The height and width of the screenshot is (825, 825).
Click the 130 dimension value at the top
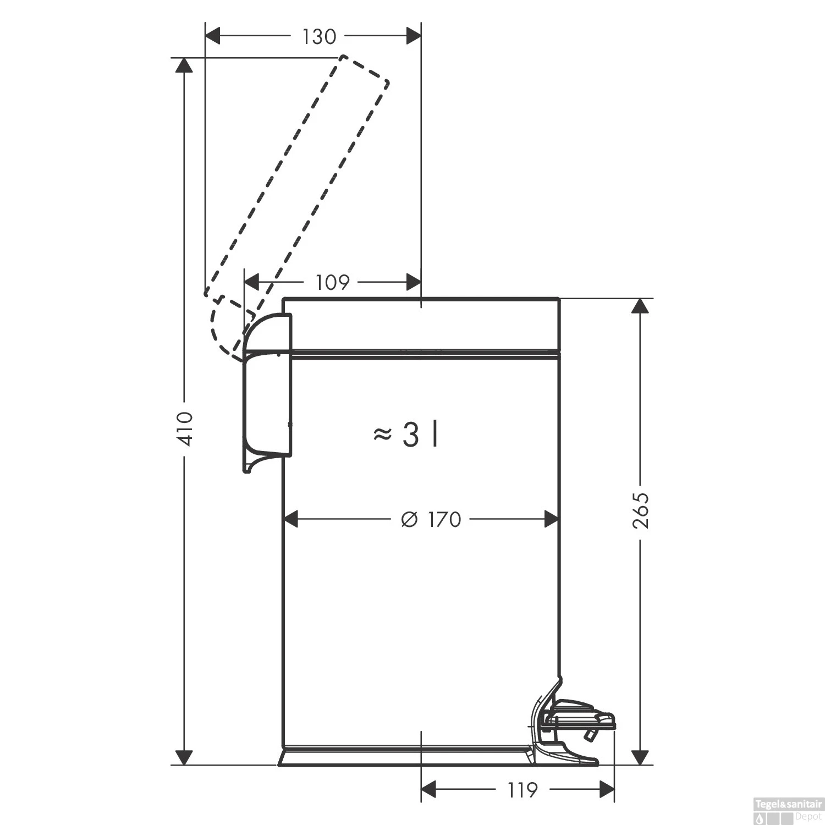tap(319, 37)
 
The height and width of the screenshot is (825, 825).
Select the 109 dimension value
tap(333, 283)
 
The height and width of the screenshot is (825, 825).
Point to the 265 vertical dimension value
tap(641, 510)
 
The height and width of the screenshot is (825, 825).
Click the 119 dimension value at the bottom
tap(522, 790)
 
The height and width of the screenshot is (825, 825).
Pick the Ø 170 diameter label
tap(431, 519)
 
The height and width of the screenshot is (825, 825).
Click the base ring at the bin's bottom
tap(404, 757)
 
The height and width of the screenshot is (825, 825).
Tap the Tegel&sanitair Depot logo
tap(788, 810)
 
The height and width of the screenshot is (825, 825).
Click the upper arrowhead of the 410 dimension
tap(184, 65)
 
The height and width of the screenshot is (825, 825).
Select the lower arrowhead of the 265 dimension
tap(640, 757)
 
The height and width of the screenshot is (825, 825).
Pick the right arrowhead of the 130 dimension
tap(413, 37)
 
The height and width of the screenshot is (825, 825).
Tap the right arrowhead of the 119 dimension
tap(606, 790)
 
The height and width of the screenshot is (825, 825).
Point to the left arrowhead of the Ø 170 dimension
tap(290, 519)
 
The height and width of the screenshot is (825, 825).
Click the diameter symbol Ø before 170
tap(410, 519)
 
